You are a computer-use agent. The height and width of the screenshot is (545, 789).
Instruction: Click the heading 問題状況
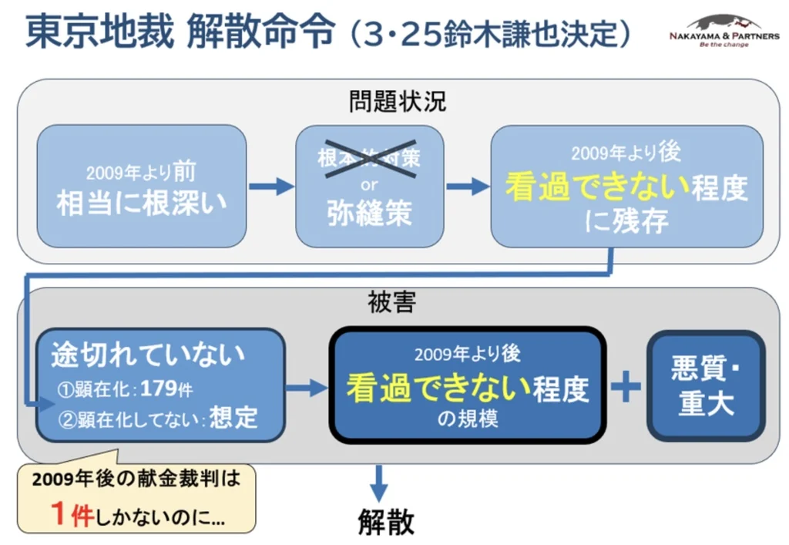point(397,101)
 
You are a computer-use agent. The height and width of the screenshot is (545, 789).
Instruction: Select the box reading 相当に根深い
point(142,187)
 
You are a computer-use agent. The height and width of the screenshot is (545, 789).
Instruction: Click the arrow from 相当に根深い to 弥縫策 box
point(271,186)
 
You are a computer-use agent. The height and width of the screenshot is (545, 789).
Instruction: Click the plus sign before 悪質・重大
point(626,386)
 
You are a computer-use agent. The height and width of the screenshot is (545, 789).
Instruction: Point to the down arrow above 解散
point(378,485)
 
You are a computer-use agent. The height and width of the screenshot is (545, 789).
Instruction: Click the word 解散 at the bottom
point(386,522)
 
